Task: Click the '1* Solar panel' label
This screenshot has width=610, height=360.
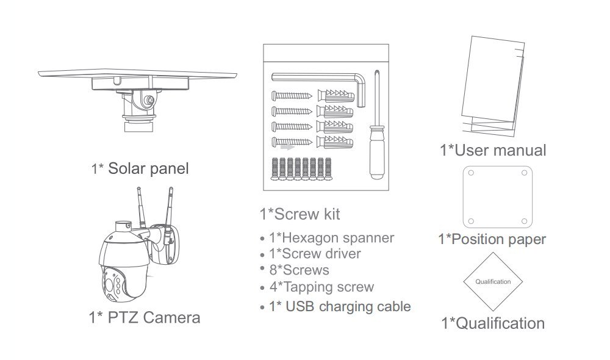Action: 140,168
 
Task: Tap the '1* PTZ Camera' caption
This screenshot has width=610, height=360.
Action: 145,317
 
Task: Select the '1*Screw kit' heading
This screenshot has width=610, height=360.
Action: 300,214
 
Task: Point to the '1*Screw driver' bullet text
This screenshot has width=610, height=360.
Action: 315,253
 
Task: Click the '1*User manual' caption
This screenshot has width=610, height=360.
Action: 493,149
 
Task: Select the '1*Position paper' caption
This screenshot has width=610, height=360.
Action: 492,239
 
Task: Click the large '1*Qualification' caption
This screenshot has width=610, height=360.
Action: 493,322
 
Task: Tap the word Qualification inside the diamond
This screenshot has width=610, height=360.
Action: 493,281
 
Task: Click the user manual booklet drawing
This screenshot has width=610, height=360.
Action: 491,85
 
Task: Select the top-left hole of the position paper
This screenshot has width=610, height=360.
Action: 470,173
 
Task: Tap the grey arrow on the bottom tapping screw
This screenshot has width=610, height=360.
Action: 287,146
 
